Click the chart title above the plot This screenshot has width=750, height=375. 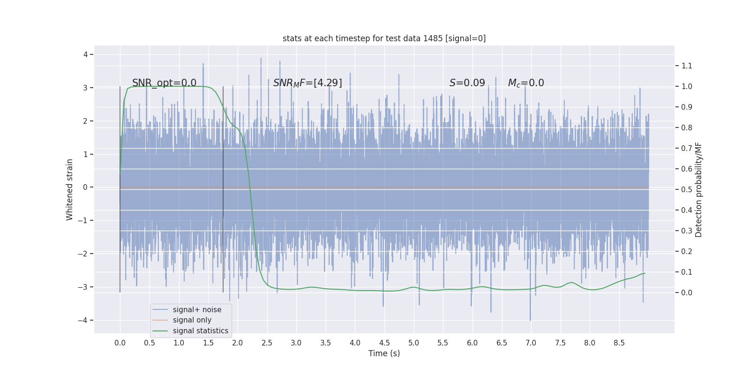coord(384,38)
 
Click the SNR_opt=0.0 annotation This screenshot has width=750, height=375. coord(164,83)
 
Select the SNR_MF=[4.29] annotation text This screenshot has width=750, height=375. coord(307,83)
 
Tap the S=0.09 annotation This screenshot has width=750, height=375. coord(467,83)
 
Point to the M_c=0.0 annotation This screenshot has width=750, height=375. coord(526,83)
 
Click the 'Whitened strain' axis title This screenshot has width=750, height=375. coord(70,189)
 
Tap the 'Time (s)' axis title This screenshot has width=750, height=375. coord(384,353)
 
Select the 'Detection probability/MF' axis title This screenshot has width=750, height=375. coord(699,189)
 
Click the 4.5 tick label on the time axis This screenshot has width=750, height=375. coord(384,343)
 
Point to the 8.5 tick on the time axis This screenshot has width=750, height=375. coord(619,343)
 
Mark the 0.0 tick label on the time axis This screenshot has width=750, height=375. coord(120,343)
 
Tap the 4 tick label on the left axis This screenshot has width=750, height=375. coord(86,54)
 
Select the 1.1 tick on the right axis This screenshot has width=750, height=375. coord(687,66)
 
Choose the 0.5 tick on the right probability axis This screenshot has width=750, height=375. coord(687,189)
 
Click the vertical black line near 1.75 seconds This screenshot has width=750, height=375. coord(223,187)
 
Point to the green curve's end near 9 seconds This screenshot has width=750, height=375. coord(645,273)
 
